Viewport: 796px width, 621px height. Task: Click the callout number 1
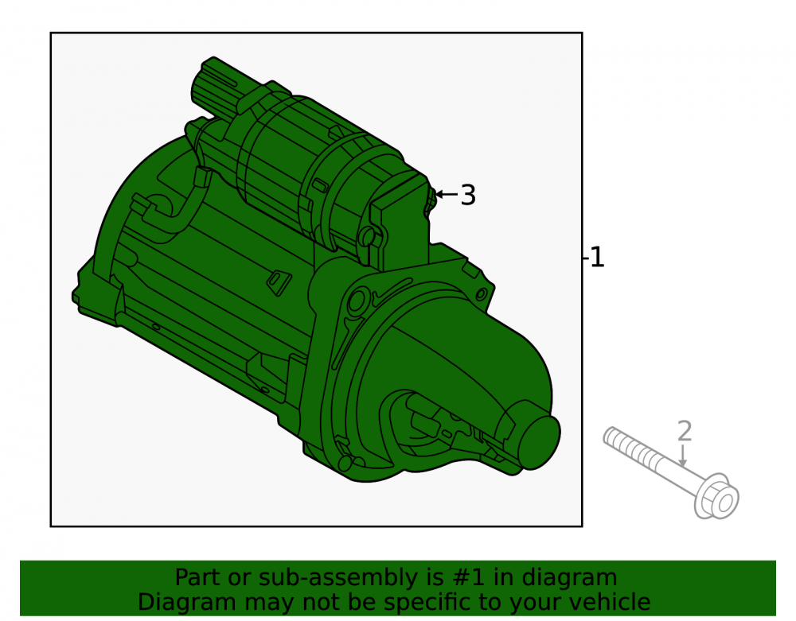598,257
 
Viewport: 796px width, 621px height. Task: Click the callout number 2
685,431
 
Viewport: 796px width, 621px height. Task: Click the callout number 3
467,195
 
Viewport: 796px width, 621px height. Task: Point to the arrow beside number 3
447,194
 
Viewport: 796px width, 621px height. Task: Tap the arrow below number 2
683,455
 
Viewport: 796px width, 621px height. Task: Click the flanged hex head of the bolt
717,496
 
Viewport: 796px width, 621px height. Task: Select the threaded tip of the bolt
617,437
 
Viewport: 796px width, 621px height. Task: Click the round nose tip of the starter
539,442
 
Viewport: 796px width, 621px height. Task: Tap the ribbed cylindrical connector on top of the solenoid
217,87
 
